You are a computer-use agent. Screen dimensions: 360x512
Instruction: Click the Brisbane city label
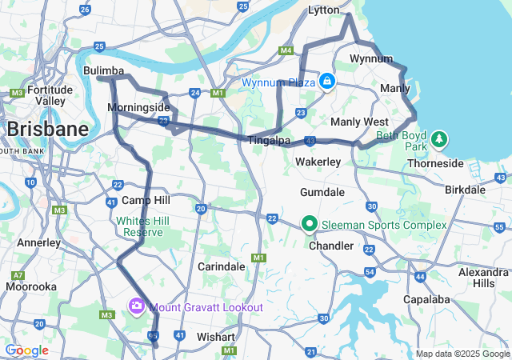(47, 130)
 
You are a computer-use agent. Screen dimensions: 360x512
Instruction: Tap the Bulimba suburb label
(103, 71)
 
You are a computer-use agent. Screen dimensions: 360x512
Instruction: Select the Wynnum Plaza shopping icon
(327, 82)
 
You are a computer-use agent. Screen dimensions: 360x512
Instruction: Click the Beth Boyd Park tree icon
(438, 141)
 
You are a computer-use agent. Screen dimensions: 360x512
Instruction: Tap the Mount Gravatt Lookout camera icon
(136, 306)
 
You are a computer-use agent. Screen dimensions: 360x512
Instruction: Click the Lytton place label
(325, 10)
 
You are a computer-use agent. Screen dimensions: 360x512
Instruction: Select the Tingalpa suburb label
(269, 140)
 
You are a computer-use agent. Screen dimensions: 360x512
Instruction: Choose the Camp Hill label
(146, 200)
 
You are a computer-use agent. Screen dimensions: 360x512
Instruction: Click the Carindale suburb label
(221, 266)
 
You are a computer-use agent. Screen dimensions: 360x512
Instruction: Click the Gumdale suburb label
(322, 193)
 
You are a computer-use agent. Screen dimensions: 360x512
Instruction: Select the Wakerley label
(318, 162)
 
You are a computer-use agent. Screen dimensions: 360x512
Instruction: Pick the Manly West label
(359, 122)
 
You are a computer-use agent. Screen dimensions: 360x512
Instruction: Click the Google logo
(26, 350)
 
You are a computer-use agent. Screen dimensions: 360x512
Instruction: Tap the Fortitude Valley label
(50, 95)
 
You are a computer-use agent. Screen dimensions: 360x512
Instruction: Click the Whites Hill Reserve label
(139, 226)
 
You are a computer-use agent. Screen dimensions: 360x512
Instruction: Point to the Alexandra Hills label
(483, 278)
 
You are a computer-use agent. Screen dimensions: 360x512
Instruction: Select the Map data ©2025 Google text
(462, 354)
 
